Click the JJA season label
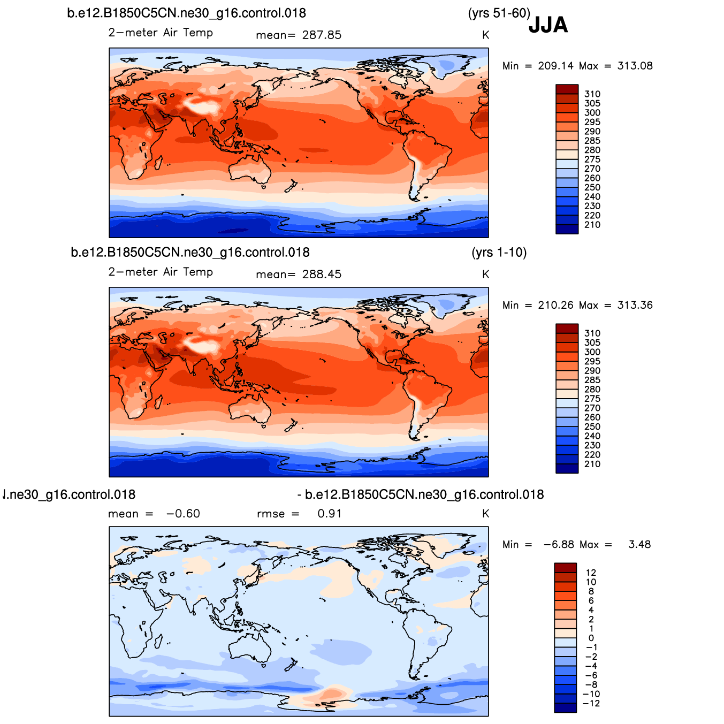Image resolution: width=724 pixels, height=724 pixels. point(548,25)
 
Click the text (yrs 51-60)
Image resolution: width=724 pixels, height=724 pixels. point(499,13)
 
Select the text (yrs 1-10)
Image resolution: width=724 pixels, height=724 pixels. point(499,252)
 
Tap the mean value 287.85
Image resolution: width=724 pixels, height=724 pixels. point(322,35)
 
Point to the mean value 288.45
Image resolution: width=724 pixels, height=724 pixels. point(322,275)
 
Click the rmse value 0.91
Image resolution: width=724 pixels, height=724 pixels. point(330,514)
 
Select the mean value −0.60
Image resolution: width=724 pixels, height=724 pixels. point(183,514)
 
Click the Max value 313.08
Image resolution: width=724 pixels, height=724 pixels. point(635,66)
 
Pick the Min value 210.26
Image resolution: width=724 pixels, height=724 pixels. point(555,305)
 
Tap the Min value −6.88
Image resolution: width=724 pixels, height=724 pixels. point(559,544)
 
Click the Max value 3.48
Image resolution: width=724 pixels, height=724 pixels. point(639,544)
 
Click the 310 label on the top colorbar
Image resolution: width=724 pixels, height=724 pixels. point(592,94)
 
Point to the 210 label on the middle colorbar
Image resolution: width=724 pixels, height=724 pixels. point(592,464)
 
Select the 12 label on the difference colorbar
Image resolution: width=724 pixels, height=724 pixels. point(591,573)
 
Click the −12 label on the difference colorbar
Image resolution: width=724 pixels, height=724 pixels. point(591,703)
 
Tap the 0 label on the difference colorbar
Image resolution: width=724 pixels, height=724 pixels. point(591,638)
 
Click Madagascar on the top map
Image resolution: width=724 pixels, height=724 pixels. point(159,162)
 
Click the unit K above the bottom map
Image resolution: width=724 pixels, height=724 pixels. point(485,514)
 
